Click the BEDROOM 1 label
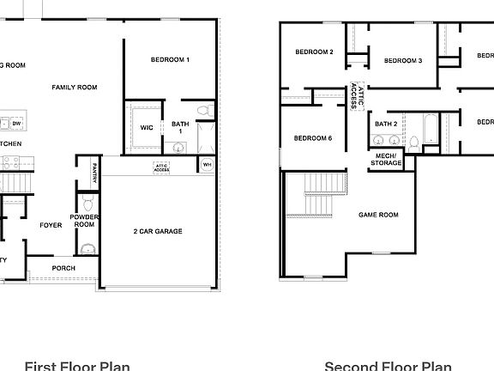coord(170,59)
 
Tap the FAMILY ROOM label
coord(74,87)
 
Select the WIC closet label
coord(147,127)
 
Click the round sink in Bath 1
coord(178,147)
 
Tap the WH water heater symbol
coord(207,164)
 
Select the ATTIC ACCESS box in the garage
coord(161,167)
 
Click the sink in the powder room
coord(86,249)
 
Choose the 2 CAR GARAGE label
coord(158,231)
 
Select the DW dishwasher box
coord(16,124)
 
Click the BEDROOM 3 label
coord(402,60)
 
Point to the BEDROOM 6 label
coord(313,138)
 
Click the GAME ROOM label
coord(378,215)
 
